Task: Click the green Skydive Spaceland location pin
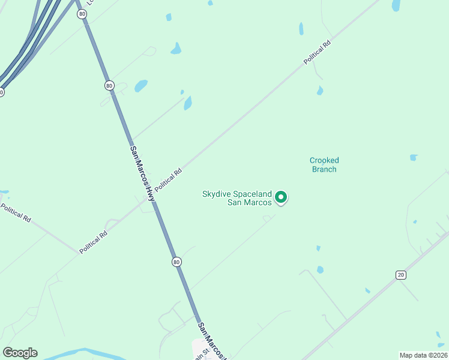point(281,197)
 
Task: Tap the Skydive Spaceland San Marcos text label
point(238,197)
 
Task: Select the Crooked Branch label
point(324,165)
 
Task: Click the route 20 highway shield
point(400,275)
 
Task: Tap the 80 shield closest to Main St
point(176,262)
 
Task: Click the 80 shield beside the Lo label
point(81,14)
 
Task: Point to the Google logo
point(20,353)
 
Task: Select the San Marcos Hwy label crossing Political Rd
point(142,173)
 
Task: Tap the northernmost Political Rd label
point(318,52)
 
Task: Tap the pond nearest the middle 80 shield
point(140,86)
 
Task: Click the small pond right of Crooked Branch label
point(413,158)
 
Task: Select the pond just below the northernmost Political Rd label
point(320,91)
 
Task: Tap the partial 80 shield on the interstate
point(1,92)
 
